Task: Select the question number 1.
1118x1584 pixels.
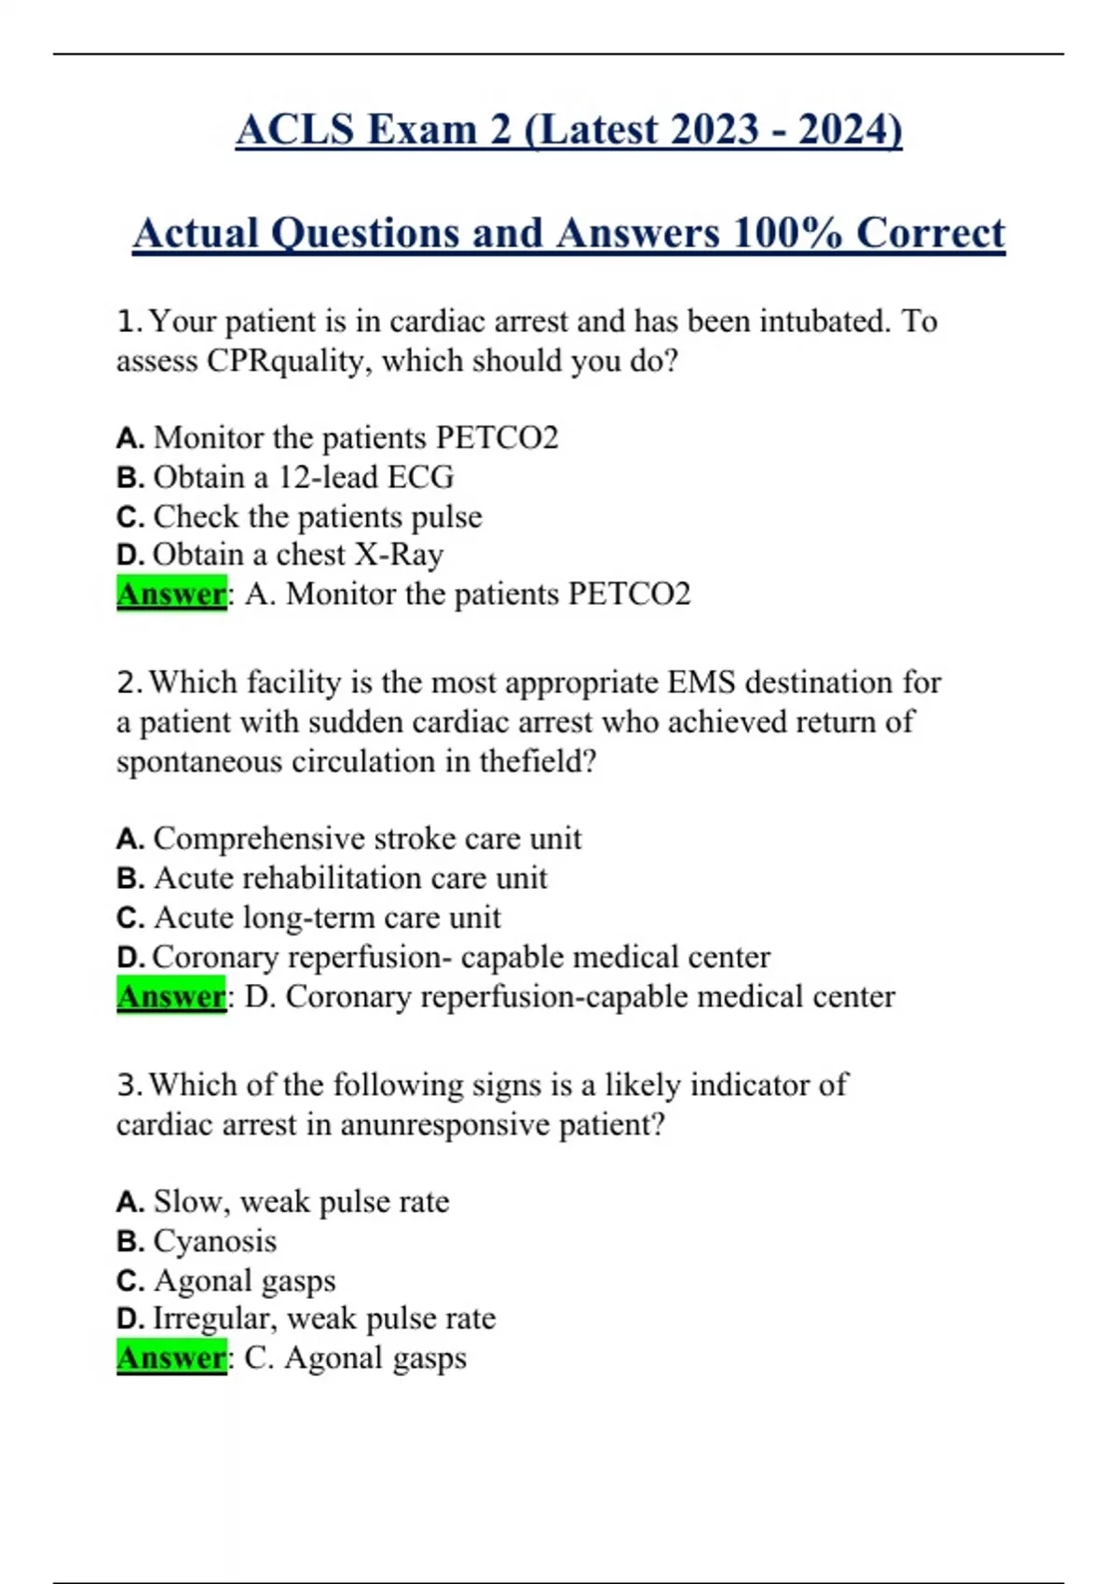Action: coord(129,321)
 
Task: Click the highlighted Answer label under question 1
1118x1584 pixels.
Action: coord(171,594)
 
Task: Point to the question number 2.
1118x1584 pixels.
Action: coord(129,683)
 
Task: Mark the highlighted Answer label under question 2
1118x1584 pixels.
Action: coord(171,997)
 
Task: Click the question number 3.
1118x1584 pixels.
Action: coord(129,1086)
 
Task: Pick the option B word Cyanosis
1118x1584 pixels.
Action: coord(215,1241)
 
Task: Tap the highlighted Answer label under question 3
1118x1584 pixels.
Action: coord(171,1359)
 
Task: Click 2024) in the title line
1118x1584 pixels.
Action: coord(850,130)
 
